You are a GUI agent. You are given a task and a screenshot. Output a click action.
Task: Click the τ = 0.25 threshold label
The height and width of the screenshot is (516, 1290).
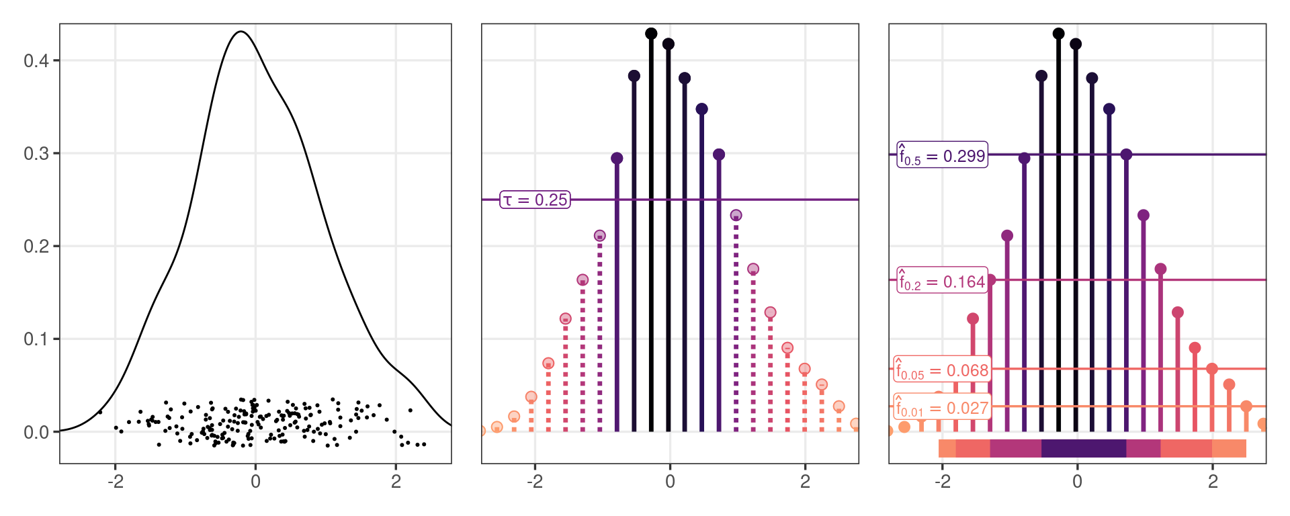point(535,200)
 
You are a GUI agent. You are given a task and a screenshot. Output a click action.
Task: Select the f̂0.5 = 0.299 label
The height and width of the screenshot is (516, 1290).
point(942,155)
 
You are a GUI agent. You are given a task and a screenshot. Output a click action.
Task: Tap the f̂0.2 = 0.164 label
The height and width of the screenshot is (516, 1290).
point(941,280)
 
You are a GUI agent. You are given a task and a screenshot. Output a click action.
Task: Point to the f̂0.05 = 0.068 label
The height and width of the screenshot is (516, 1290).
point(942,369)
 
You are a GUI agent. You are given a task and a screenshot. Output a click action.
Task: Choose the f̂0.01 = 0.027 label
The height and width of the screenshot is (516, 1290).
point(942,406)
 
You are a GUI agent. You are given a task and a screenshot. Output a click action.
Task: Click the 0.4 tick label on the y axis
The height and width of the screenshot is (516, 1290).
point(36,61)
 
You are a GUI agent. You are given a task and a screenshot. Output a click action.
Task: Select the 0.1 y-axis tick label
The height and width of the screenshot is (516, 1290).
point(36,339)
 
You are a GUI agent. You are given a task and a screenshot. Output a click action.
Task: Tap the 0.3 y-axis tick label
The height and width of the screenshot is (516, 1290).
point(36,154)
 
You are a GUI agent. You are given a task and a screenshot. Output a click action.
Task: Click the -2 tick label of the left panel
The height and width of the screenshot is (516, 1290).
point(115,481)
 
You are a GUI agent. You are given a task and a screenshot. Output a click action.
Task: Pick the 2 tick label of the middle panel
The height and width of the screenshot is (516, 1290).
point(805,481)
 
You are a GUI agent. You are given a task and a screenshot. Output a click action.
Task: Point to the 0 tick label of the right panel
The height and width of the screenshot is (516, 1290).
point(1077,481)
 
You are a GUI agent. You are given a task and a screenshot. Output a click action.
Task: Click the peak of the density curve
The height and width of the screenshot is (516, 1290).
point(241,32)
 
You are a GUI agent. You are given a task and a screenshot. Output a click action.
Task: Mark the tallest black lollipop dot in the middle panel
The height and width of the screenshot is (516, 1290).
point(651,34)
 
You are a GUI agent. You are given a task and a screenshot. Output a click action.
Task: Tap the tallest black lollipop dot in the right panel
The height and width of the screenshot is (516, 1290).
point(1058,34)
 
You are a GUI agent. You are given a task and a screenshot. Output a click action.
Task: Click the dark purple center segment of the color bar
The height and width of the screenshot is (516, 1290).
point(1083,448)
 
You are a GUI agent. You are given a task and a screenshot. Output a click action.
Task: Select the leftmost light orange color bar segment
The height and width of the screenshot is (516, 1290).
point(947,448)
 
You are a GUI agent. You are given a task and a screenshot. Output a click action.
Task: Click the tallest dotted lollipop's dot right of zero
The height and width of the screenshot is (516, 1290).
point(736,215)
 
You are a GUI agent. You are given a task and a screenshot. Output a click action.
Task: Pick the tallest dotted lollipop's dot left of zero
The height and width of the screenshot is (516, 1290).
point(599,236)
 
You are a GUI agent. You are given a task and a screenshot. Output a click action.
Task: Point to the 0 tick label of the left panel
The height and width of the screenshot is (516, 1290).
point(255,481)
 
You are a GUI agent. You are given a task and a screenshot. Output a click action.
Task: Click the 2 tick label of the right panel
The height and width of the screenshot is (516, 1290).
point(1213,481)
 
